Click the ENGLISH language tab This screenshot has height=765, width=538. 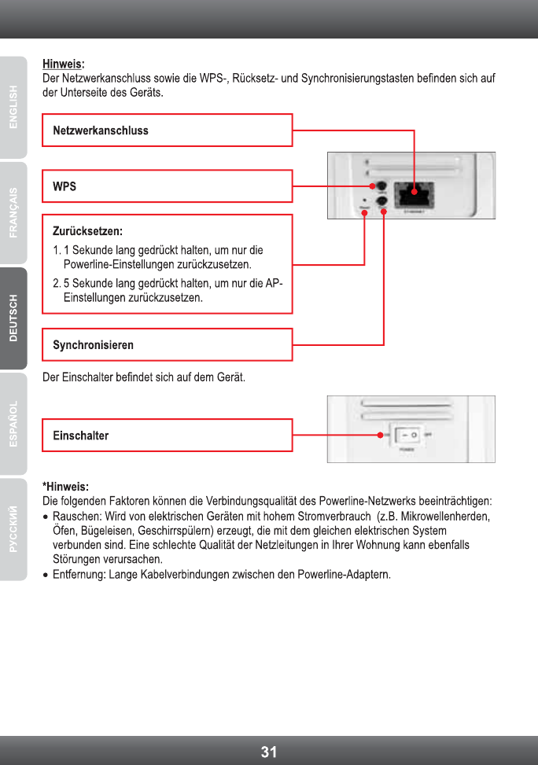[x=13, y=107]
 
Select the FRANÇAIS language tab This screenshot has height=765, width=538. [x=13, y=213]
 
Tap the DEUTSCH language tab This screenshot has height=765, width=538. [x=13, y=318]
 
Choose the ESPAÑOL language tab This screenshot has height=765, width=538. [x=13, y=424]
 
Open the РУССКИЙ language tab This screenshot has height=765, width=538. [x=13, y=529]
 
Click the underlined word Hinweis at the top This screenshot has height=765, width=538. [x=62, y=64]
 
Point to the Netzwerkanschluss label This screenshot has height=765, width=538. [x=101, y=131]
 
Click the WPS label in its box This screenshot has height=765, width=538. [x=64, y=186]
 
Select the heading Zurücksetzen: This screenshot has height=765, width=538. [x=87, y=232]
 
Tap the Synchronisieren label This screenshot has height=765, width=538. [x=93, y=345]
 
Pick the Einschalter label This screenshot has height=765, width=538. [x=80, y=436]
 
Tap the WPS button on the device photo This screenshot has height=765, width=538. [x=383, y=186]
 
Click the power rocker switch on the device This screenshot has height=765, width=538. [x=407, y=435]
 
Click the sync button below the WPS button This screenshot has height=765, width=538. [x=383, y=202]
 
